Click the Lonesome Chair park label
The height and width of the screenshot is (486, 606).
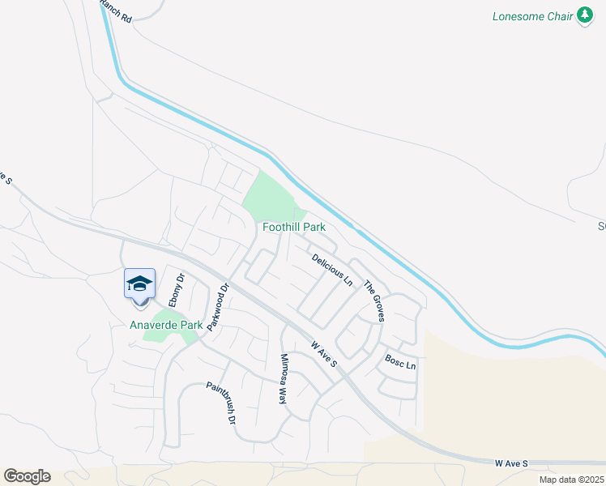[x=533, y=16]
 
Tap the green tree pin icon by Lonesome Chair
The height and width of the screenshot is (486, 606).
[x=585, y=16]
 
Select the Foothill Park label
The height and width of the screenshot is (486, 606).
[x=294, y=228]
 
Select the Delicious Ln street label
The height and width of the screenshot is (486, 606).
[x=332, y=269]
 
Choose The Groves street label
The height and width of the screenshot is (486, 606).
[x=373, y=301]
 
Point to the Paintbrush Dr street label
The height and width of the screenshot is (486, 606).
[x=220, y=403]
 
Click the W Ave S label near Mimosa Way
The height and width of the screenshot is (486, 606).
[x=324, y=353]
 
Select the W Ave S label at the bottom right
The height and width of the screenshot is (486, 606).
[x=511, y=463]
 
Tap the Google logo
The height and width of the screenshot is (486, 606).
[x=27, y=475]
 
